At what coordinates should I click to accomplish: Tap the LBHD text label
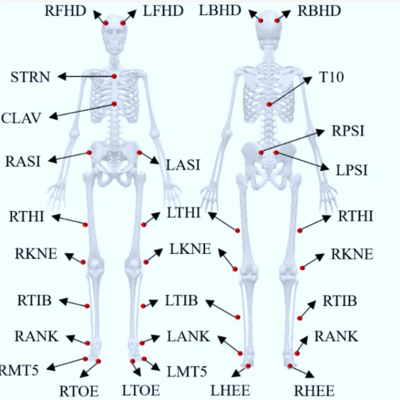pos(221,10)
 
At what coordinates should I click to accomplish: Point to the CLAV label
pos(22,118)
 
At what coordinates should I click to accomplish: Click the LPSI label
pos(352,170)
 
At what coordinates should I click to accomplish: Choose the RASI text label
pos(23,161)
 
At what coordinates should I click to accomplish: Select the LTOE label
pos(140,390)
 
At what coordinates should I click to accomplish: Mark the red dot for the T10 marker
pos(269,105)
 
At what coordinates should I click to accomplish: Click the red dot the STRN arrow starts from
pos(115,76)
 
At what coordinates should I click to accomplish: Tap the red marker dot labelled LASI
pos(140,153)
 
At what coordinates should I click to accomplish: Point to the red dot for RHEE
pos(290,366)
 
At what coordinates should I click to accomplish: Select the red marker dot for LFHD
pos(123,23)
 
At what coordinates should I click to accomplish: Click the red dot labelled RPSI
pos(261,153)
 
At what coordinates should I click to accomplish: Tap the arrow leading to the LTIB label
pos(151,304)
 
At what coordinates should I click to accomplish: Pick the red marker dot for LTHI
pos(144,225)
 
